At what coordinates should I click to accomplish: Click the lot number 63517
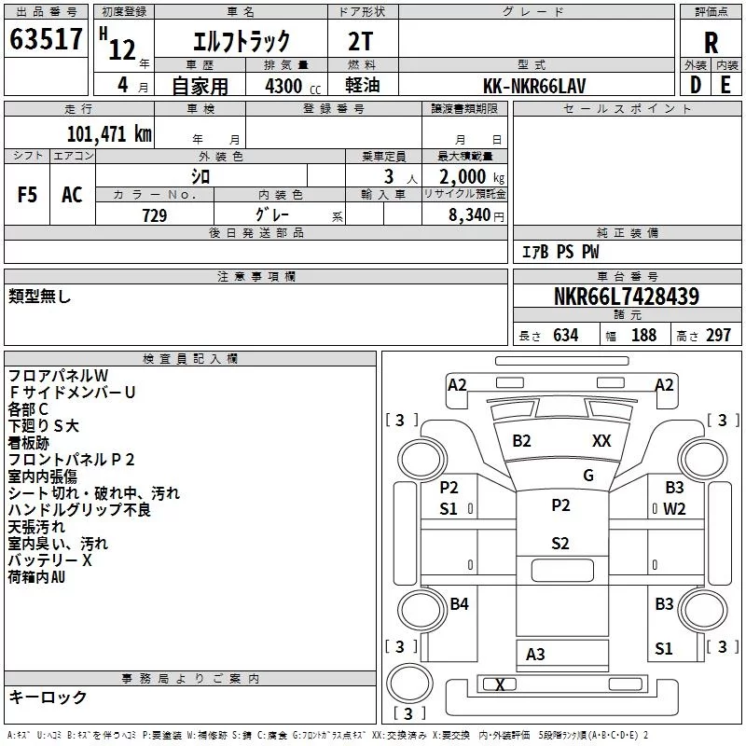(x=46, y=39)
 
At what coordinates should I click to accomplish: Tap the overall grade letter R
(x=711, y=43)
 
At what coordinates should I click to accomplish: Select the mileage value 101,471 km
(x=109, y=133)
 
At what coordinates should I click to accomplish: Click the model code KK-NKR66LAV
(x=534, y=86)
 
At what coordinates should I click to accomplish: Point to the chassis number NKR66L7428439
(x=627, y=296)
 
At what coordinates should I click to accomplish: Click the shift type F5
(x=27, y=195)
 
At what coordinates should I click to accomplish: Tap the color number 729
(x=155, y=215)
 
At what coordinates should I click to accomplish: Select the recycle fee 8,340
(x=470, y=215)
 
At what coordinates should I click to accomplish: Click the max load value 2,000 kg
(x=472, y=177)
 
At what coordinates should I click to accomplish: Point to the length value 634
(x=566, y=335)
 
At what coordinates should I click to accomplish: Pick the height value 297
(x=718, y=335)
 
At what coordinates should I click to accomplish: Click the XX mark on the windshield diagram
(x=601, y=440)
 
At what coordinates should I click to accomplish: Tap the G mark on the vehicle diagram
(x=588, y=476)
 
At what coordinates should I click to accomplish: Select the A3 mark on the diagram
(x=535, y=655)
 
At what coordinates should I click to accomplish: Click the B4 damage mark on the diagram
(x=459, y=603)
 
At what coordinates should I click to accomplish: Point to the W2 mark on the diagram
(x=674, y=509)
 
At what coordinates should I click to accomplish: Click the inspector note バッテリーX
(x=50, y=560)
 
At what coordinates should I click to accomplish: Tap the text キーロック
(x=48, y=697)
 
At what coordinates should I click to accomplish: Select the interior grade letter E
(x=725, y=85)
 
